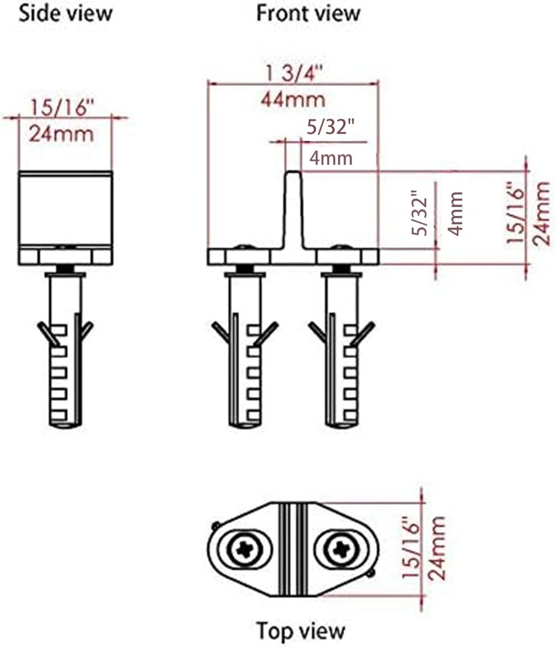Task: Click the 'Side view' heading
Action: [65, 13]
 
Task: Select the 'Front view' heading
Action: [308, 13]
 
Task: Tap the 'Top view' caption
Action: [300, 630]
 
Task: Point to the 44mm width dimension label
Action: [293, 99]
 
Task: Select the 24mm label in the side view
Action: [62, 133]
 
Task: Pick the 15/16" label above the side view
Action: [62, 107]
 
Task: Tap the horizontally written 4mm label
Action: [326, 158]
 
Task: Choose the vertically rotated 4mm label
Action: [455, 213]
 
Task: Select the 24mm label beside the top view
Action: [436, 548]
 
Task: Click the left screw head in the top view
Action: [244, 549]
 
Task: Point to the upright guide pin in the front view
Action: [293, 209]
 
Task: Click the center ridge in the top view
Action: [293, 549]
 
